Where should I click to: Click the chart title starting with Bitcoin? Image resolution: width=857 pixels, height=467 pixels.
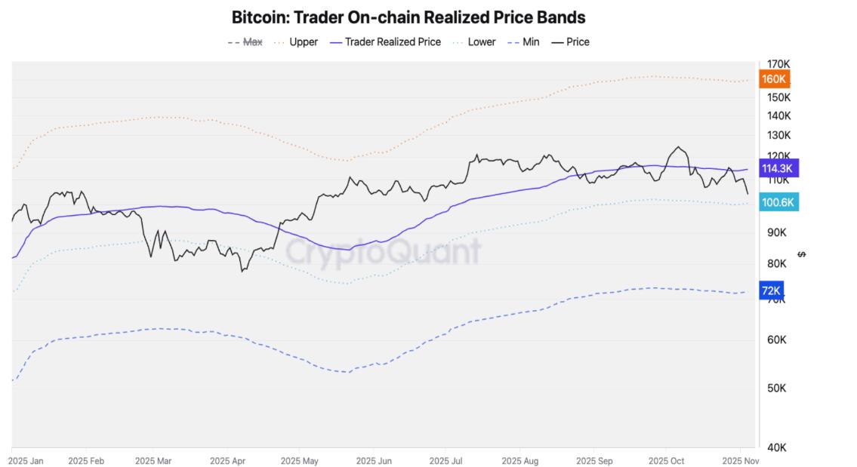tap(408, 17)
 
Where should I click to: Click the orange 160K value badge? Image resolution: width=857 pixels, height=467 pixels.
tap(775, 79)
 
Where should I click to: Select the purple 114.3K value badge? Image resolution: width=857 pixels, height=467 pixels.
tap(778, 168)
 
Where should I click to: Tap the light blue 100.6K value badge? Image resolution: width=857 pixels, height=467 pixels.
tap(778, 202)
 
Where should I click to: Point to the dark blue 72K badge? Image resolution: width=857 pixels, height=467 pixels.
tap(771, 290)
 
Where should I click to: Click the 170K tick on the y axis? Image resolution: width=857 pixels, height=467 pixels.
tap(778, 64)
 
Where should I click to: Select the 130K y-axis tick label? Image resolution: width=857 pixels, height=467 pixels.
tap(778, 135)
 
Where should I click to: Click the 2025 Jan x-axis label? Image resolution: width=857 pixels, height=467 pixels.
tap(26, 460)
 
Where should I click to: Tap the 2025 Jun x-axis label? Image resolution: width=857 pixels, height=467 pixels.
tap(374, 460)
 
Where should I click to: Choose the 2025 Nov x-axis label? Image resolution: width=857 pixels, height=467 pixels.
tap(740, 460)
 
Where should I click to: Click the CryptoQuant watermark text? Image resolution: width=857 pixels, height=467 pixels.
tap(384, 252)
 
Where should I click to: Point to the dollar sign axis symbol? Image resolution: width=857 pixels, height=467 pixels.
tap(802, 254)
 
